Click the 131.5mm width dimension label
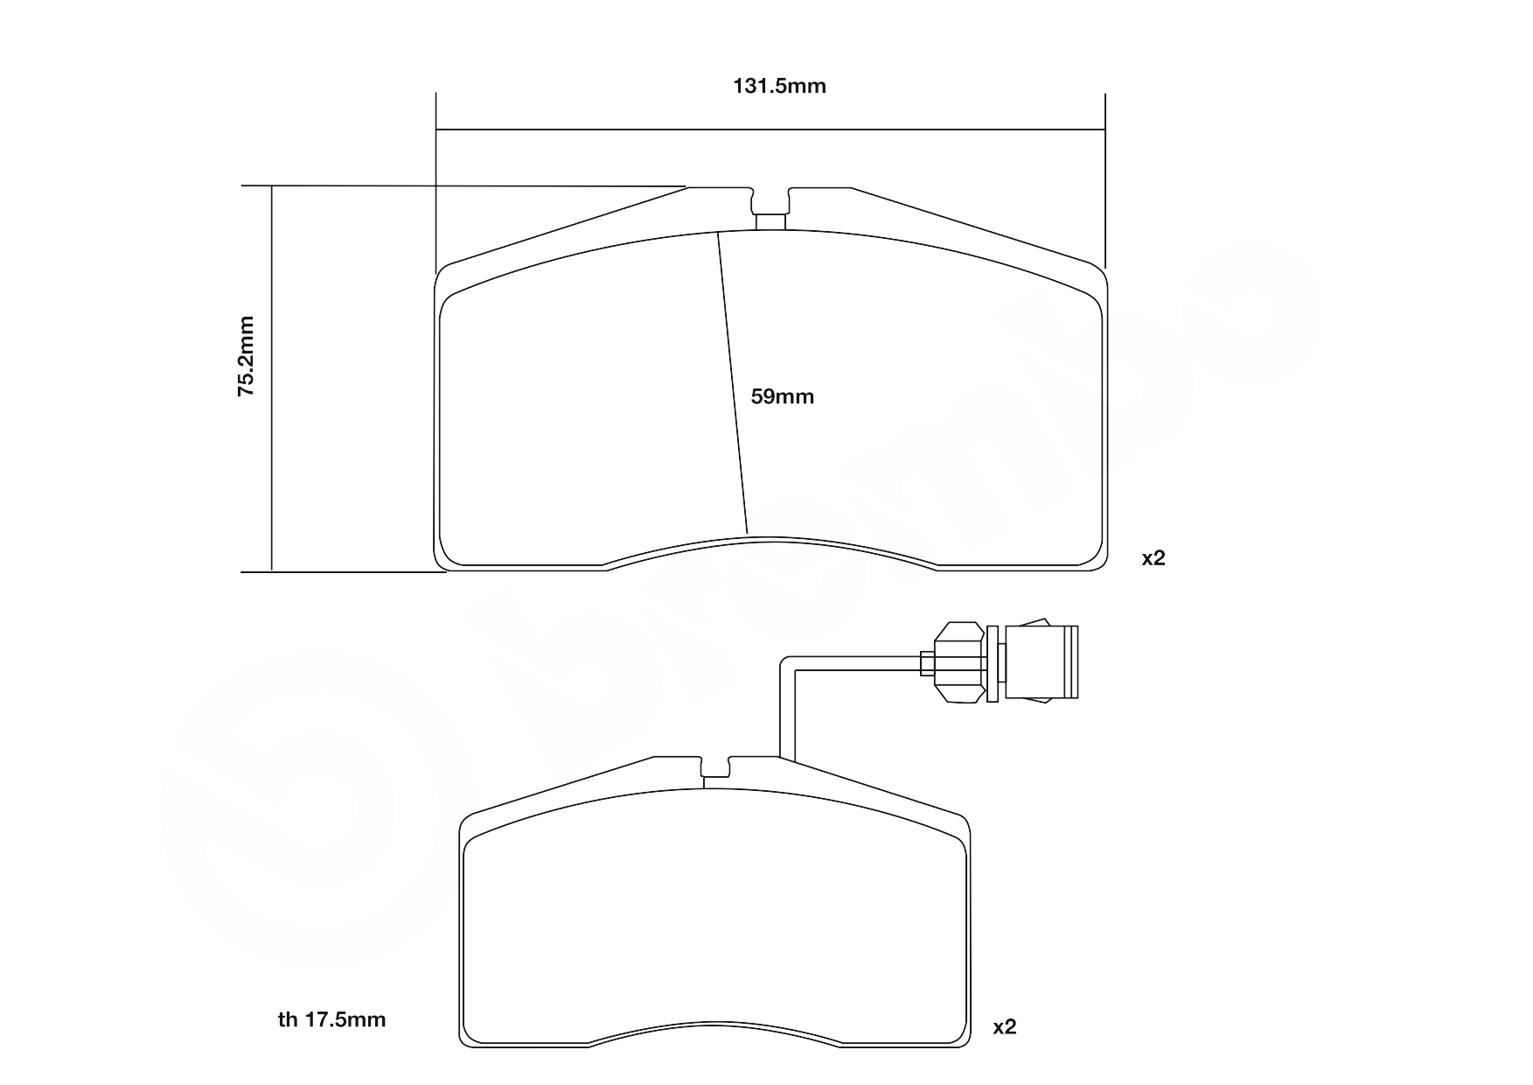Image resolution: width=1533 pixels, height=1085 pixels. (778, 86)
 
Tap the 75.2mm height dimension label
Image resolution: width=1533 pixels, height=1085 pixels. (247, 357)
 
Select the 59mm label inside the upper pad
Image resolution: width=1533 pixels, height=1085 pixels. (783, 396)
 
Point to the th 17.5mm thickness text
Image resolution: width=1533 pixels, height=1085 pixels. (331, 1019)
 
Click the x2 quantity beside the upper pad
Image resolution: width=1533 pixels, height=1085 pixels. (1153, 557)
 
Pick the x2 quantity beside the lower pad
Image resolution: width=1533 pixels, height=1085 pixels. (1005, 1026)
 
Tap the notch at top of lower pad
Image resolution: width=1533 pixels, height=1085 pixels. (717, 767)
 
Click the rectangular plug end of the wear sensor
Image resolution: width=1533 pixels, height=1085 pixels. (1041, 661)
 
